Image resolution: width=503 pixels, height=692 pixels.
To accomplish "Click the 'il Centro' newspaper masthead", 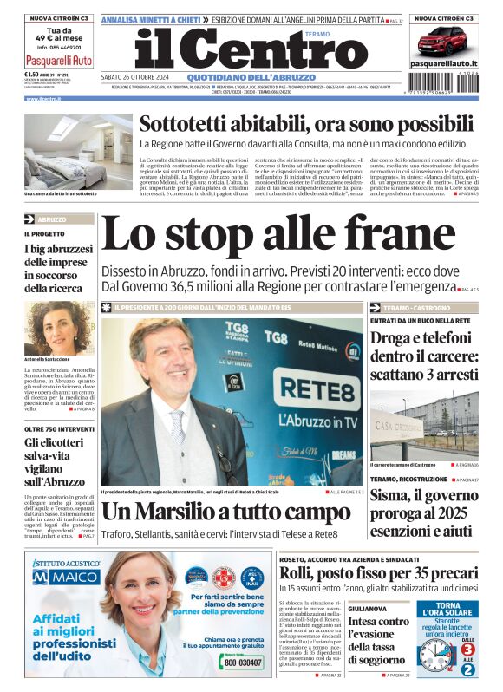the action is (238, 50).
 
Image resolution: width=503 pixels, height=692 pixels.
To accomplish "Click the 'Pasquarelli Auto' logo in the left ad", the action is (59, 61).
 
